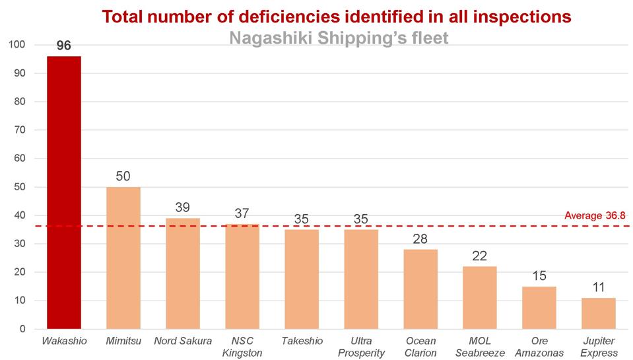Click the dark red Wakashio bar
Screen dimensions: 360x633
pyautogui.click(x=64, y=192)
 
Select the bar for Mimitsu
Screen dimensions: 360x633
pyautogui.click(x=123, y=258)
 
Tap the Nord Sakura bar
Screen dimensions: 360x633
pyautogui.click(x=183, y=273)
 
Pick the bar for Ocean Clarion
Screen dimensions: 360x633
pyautogui.click(x=420, y=289)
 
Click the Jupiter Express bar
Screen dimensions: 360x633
pyautogui.click(x=599, y=313)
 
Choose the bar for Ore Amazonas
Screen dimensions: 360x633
pyautogui.click(x=539, y=307)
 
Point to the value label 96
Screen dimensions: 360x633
pyautogui.click(x=64, y=46)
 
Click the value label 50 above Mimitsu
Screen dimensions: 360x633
pyautogui.click(x=123, y=176)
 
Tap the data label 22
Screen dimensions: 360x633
pyautogui.click(x=480, y=256)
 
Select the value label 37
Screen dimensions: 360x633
pyautogui.click(x=242, y=213)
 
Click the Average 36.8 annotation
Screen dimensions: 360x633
pyautogui.click(x=595, y=215)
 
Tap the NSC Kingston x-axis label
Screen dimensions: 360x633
pyautogui.click(x=242, y=347)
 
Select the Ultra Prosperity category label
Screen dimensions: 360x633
pyautogui.click(x=361, y=347)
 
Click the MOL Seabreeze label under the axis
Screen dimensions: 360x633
pyautogui.click(x=480, y=347)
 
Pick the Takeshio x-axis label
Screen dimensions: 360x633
pyautogui.click(x=302, y=341)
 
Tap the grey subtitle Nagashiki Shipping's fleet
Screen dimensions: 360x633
pyautogui.click(x=339, y=38)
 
